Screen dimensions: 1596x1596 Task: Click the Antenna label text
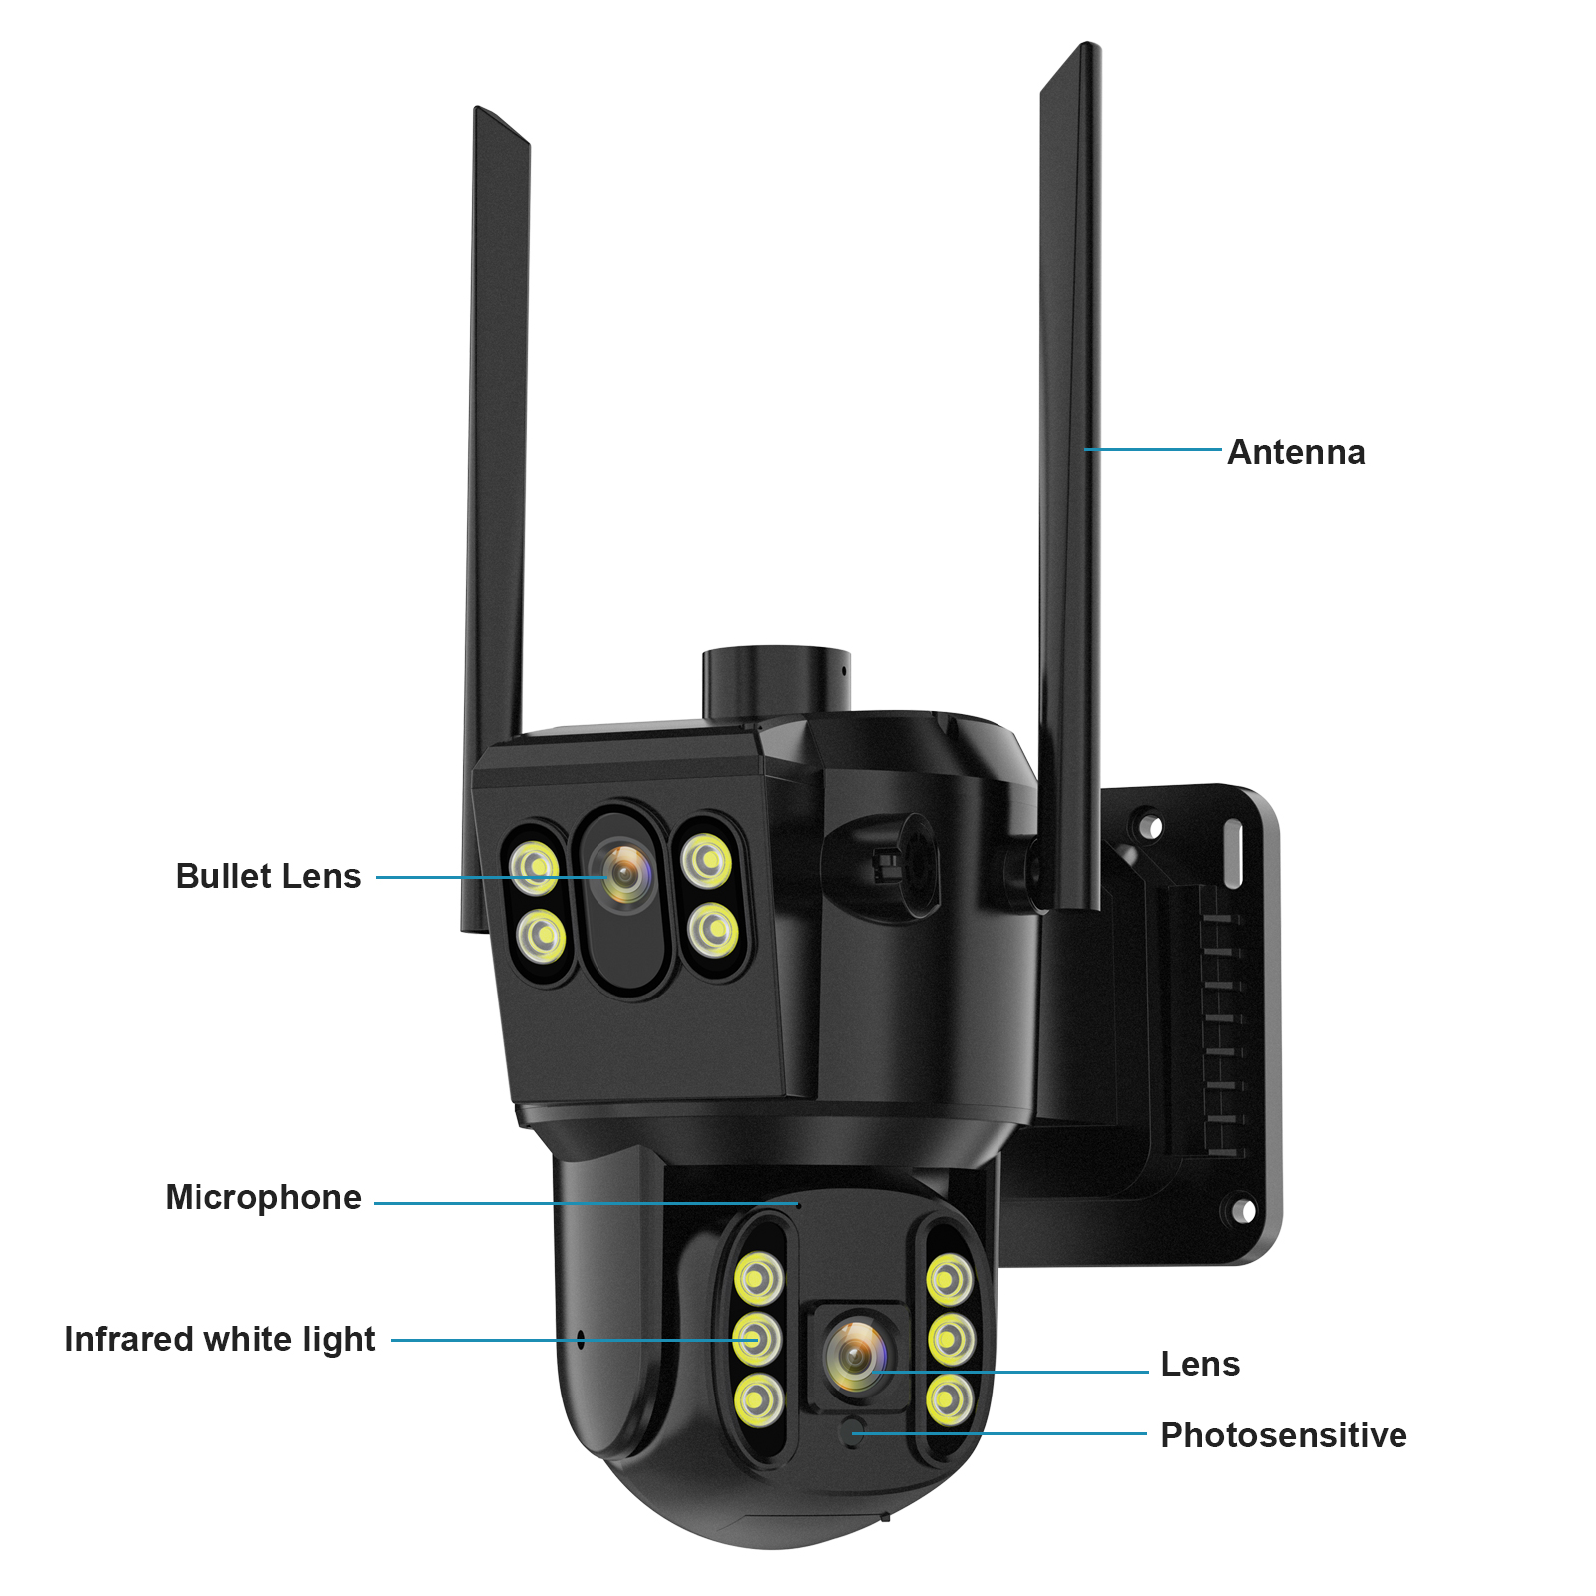tap(1295, 452)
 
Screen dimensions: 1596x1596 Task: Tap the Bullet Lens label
tap(267, 876)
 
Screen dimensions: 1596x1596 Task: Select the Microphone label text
tap(263, 1197)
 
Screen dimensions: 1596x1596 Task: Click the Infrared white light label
tap(219, 1339)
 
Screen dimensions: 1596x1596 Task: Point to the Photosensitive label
tap(1283, 1435)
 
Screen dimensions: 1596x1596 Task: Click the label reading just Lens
tap(1200, 1364)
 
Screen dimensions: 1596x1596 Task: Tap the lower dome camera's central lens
tap(855, 1355)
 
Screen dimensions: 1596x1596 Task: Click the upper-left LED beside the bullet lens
tap(535, 867)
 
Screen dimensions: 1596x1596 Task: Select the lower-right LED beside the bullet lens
tap(713, 930)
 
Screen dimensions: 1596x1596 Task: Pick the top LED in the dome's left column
tap(759, 1278)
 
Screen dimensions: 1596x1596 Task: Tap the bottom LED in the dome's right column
tap(949, 1399)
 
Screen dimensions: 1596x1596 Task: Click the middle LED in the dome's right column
tap(951, 1339)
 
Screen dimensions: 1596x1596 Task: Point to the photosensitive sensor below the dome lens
tap(853, 1433)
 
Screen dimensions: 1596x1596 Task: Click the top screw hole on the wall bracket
tap(1151, 827)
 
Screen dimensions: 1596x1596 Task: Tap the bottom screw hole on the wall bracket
tap(1243, 1210)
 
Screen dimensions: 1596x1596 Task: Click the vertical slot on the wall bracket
tap(1234, 854)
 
